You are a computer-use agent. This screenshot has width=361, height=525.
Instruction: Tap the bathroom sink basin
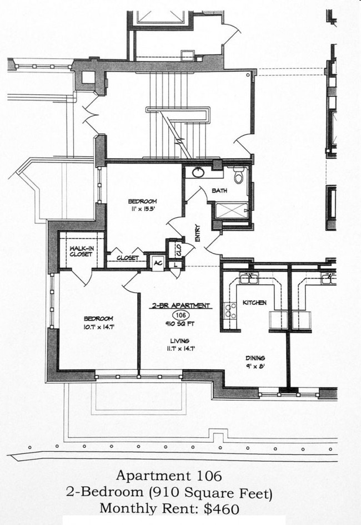pyautogui.click(x=198, y=172)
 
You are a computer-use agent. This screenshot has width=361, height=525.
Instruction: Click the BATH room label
pyautogui.click(x=219, y=191)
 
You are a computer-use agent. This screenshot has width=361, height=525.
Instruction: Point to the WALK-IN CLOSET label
pyautogui.click(x=81, y=251)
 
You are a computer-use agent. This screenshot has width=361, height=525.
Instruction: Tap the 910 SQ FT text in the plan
pyautogui.click(x=179, y=323)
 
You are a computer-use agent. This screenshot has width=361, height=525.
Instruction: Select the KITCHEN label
pyautogui.click(x=254, y=303)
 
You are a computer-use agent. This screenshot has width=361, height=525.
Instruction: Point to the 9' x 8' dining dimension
pyautogui.click(x=255, y=366)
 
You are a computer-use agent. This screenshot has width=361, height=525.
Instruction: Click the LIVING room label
pyautogui.click(x=180, y=340)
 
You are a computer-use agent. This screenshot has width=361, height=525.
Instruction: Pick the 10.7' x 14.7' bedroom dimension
pyautogui.click(x=98, y=327)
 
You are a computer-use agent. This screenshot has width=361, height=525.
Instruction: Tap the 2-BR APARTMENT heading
pyautogui.click(x=180, y=305)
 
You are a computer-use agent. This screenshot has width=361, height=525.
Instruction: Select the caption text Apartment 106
pyautogui.click(x=169, y=475)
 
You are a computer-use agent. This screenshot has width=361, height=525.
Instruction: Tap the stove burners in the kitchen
pyautogui.click(x=229, y=312)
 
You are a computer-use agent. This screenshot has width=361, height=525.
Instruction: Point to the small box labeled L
pyautogui.click(x=176, y=264)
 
